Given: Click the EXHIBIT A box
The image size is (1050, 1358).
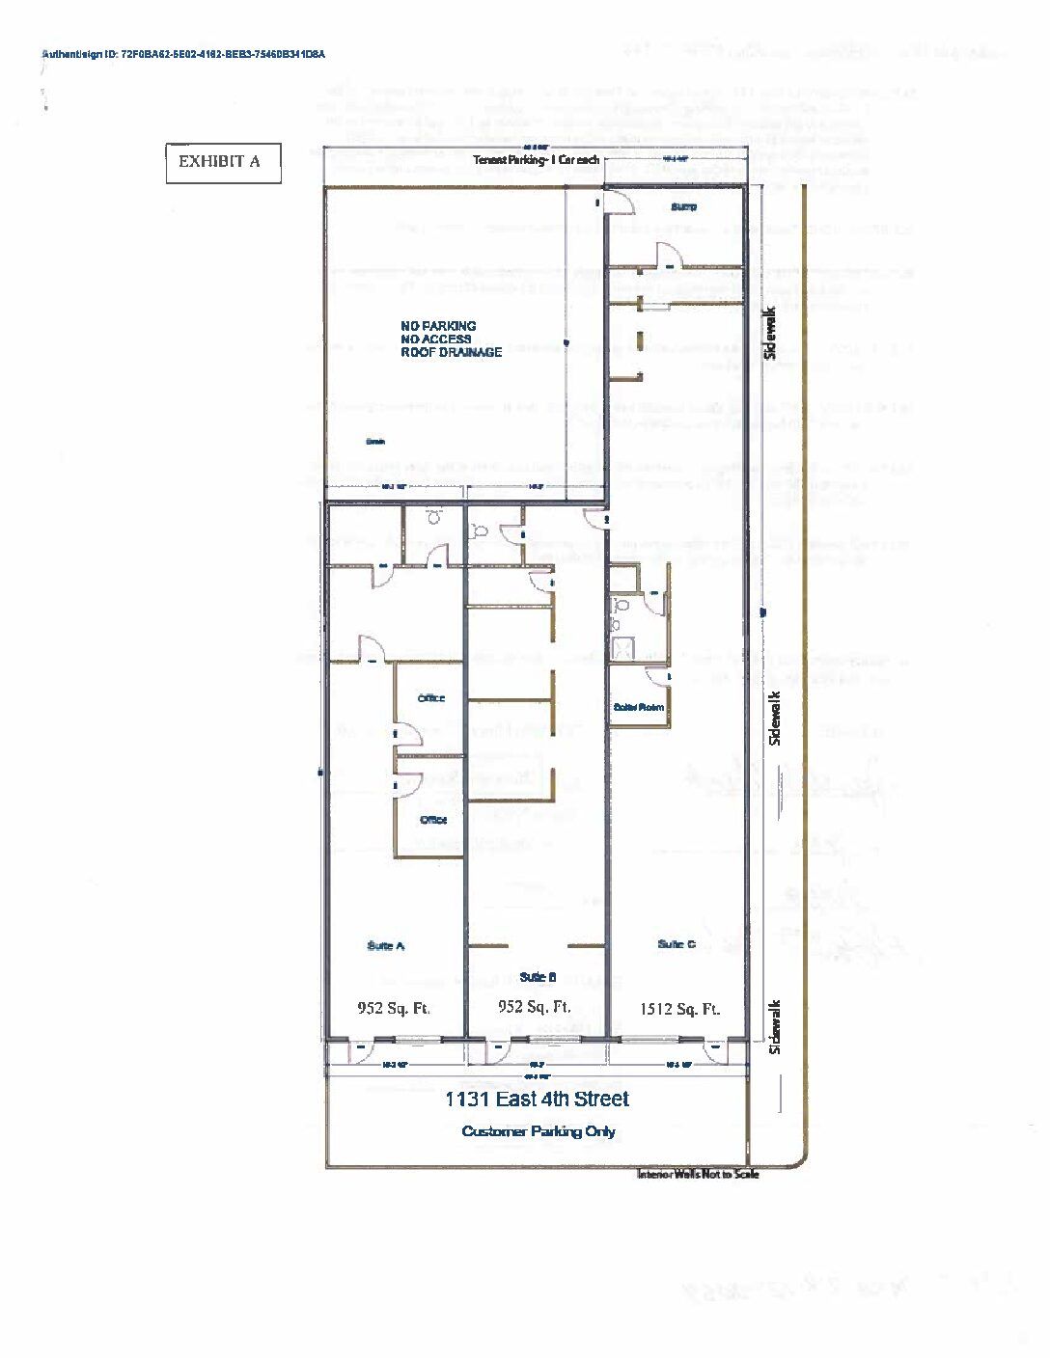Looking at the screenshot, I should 223,162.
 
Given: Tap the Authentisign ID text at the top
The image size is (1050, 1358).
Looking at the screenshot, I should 183,55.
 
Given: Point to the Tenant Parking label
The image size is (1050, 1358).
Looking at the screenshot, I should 536,159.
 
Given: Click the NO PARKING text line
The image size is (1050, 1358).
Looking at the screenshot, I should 438,326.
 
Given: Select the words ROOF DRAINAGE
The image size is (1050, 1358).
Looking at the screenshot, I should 451,352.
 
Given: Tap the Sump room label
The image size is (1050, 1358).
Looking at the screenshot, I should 683,206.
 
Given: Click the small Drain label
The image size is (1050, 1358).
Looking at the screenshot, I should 374,442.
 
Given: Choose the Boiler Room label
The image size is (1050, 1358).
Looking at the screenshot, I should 639,707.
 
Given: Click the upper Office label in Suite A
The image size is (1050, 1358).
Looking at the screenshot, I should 430,698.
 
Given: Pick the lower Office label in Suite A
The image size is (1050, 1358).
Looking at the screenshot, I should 433,820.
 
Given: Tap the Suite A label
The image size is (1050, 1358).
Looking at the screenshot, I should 386,946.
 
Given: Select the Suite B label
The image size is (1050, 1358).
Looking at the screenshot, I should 538,977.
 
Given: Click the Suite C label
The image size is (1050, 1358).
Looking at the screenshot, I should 677,944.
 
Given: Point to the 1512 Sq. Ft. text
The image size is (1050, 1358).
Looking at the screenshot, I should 679,1010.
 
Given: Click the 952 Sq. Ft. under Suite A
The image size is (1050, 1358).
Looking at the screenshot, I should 394,1009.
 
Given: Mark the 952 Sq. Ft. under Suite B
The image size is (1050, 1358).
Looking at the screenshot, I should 534,1007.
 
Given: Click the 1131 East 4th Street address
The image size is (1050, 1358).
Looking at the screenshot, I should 537,1099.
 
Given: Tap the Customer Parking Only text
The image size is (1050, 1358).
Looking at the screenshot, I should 539,1131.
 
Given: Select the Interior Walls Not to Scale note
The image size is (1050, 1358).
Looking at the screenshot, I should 698,1174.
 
